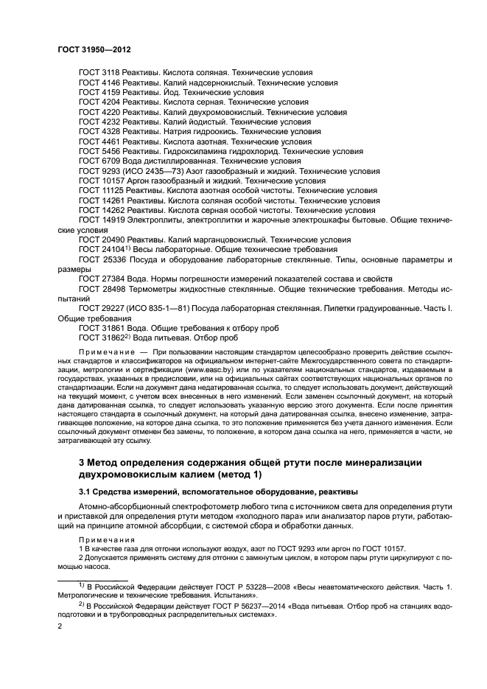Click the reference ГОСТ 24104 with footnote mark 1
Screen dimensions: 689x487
click(104, 249)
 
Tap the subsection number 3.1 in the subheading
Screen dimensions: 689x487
click(85, 492)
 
